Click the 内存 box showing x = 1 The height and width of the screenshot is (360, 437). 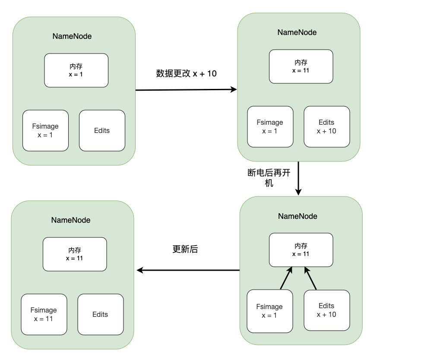coord(76,70)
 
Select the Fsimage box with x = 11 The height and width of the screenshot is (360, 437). coord(44,314)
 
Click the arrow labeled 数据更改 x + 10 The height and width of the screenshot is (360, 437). coord(186,90)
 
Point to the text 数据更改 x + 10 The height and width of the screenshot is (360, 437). coord(186,73)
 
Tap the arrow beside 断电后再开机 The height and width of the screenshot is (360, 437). coord(298,178)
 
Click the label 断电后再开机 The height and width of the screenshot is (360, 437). coord(269,177)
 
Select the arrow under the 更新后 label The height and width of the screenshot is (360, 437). coord(188,270)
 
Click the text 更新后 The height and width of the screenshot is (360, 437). coord(185,249)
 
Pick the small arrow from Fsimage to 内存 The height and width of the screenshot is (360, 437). coord(286,278)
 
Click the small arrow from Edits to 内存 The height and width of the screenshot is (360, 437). coord(310,278)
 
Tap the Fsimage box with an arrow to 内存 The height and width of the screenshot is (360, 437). coord(270,311)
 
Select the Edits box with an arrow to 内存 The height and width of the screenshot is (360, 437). coord(326,310)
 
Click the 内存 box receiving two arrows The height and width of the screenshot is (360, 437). coord(301,249)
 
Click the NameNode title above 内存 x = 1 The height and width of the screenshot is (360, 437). coord(72,36)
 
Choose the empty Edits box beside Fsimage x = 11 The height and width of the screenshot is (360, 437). coord(101,314)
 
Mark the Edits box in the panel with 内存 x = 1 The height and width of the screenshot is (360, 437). coord(102,130)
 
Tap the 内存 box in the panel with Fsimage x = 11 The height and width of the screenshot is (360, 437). coord(75,254)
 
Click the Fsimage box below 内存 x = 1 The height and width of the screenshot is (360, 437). coord(45,130)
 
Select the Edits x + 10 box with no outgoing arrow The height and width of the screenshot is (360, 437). coord(326,126)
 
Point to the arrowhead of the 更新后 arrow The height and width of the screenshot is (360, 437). coord(137,270)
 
